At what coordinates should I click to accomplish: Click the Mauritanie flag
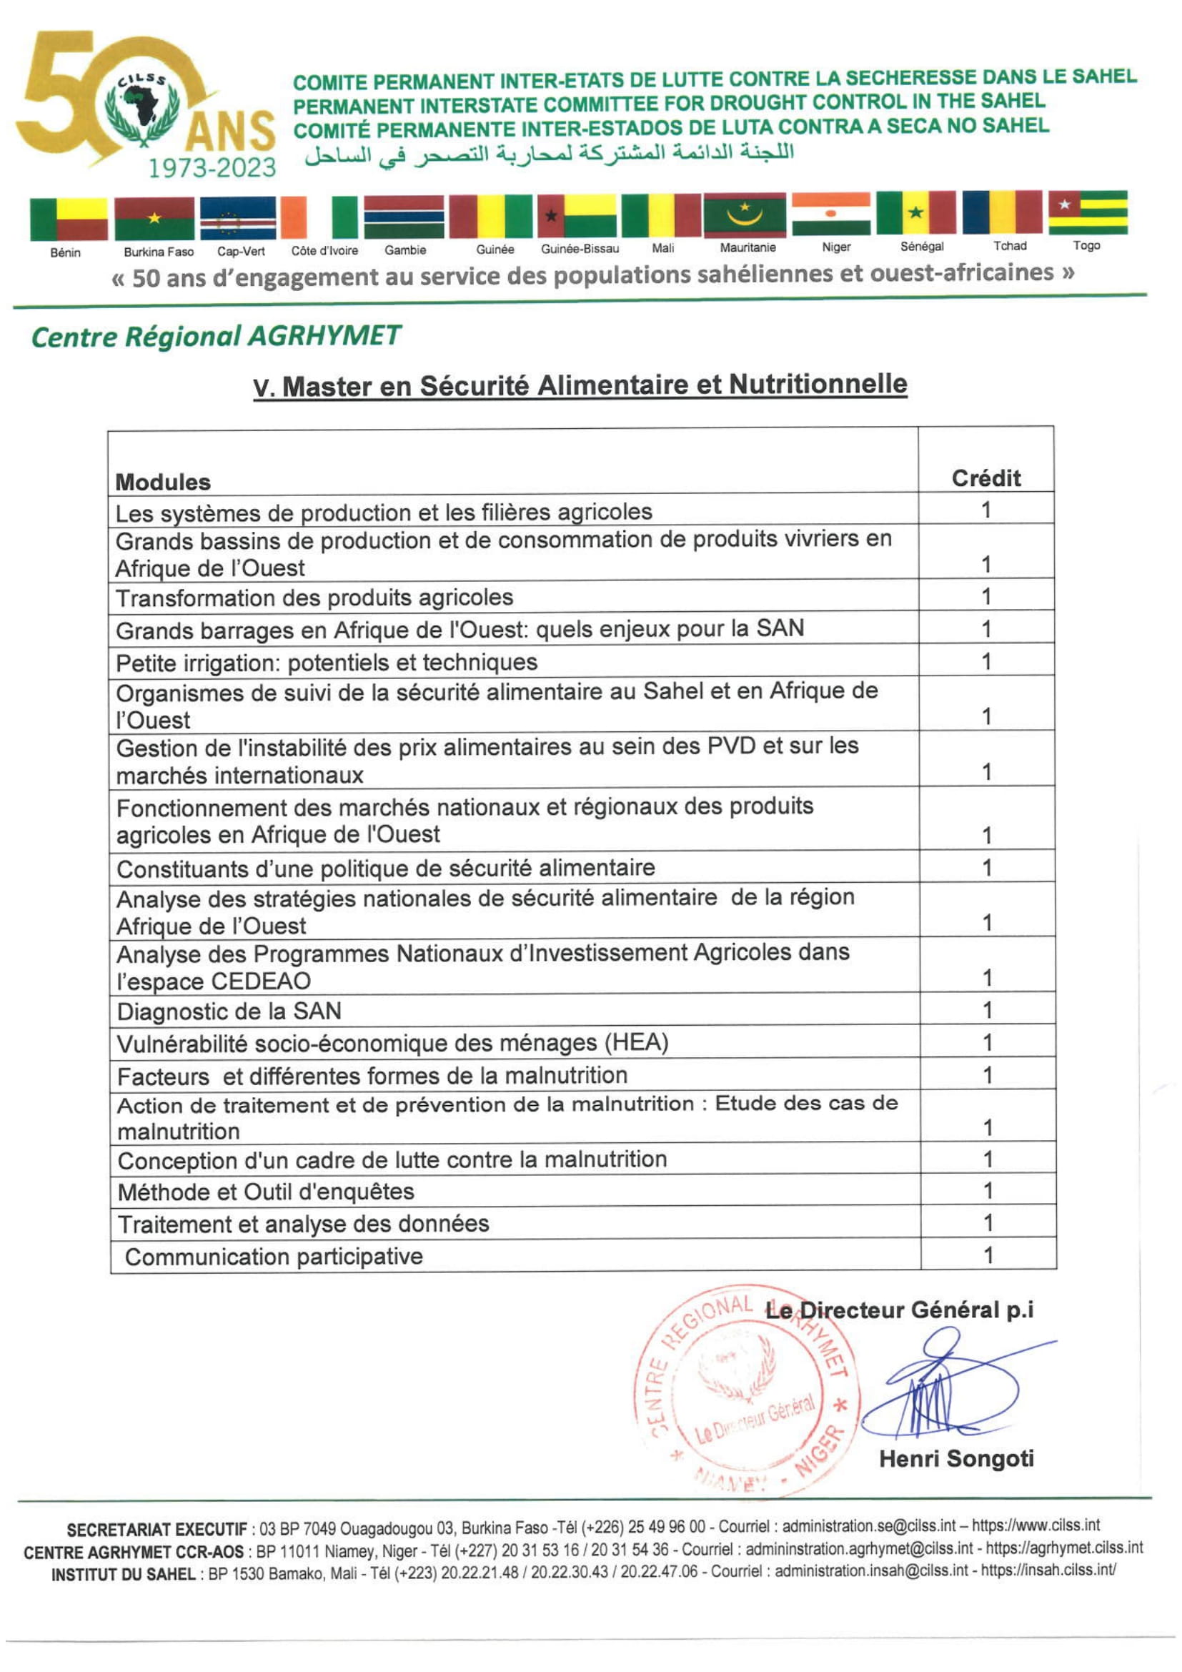click(744, 215)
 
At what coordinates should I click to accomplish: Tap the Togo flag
click(1088, 212)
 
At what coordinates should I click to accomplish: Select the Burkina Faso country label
click(159, 252)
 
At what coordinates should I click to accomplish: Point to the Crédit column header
click(985, 478)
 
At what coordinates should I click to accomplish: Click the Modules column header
click(163, 482)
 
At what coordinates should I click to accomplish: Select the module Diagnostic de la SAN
click(229, 1011)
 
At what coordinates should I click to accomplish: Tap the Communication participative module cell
click(274, 1257)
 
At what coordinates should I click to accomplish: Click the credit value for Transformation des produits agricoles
click(985, 596)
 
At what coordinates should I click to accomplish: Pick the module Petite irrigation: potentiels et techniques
click(327, 663)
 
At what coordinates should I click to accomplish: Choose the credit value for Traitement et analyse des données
click(988, 1223)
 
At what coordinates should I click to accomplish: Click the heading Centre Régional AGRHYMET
click(216, 337)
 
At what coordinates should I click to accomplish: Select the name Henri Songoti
click(955, 1460)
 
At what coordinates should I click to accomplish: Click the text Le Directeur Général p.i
click(900, 1311)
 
